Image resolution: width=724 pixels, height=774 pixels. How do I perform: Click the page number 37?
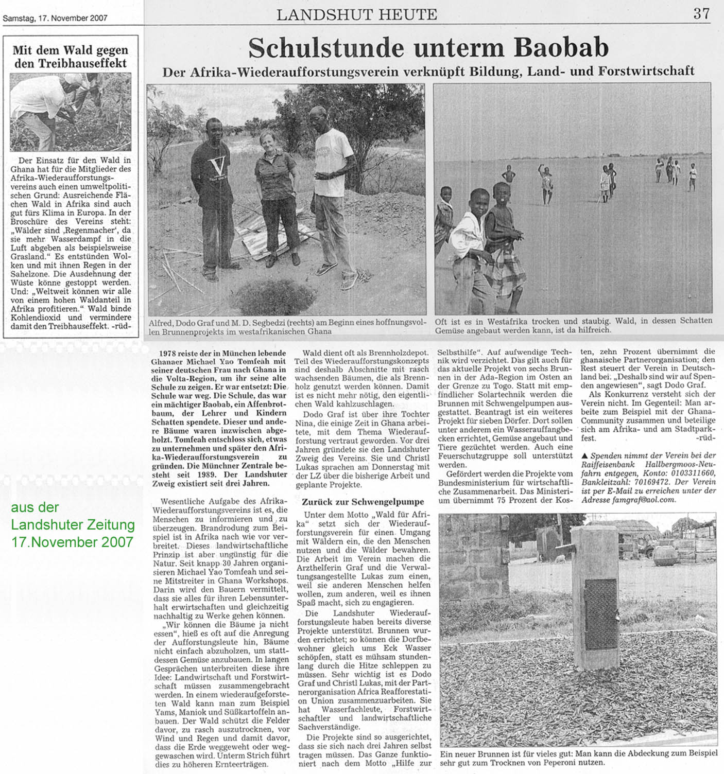pos(701,14)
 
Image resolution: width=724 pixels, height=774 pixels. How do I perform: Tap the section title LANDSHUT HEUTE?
pos(357,15)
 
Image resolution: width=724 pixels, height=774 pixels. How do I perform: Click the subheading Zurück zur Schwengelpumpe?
pos(364,502)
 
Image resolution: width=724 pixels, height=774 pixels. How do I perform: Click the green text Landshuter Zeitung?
pos(73,525)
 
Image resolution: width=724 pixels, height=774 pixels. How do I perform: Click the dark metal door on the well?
pos(600,613)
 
